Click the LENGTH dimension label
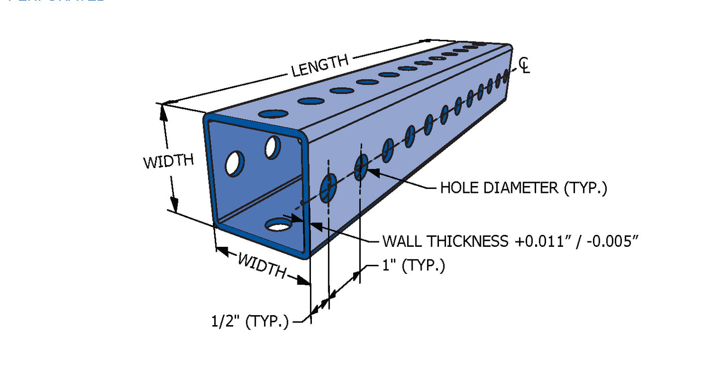[320, 66]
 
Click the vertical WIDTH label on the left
[168, 162]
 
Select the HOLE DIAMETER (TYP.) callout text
[523, 188]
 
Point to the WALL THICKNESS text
[445, 241]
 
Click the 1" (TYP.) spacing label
[414, 266]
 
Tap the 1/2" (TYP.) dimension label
[250, 321]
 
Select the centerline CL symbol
[524, 65]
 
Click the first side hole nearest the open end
[328, 188]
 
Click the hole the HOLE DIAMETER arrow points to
[361, 167]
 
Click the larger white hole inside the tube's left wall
[235, 164]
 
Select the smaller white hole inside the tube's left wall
[272, 147]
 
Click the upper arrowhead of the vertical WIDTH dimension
[163, 113]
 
